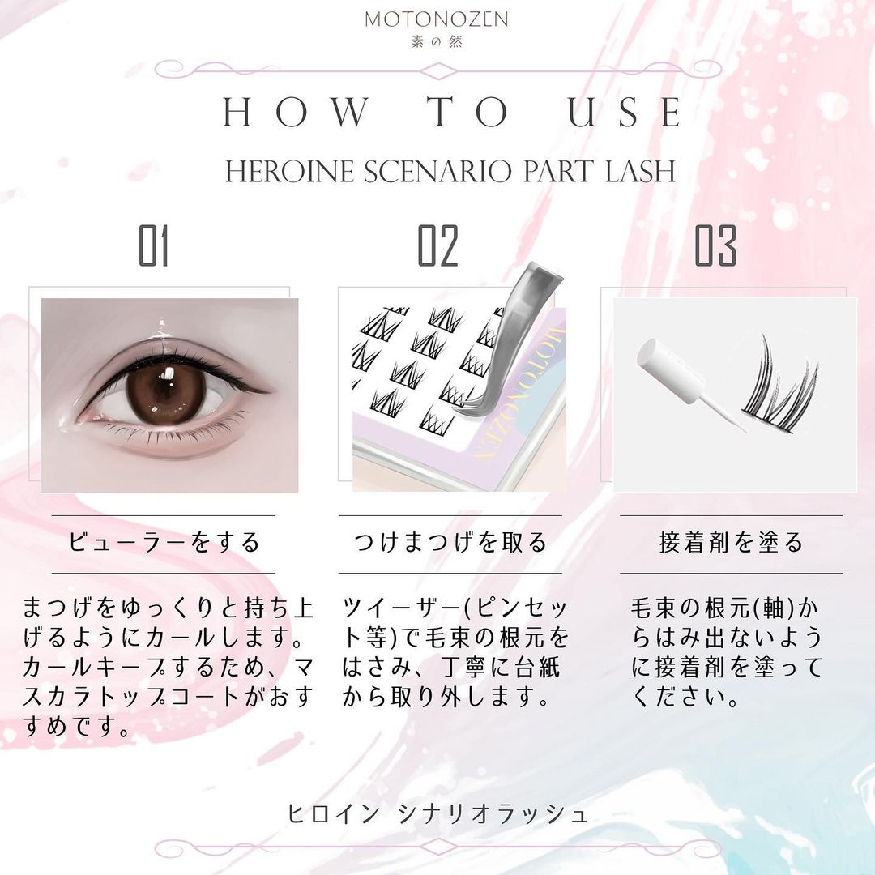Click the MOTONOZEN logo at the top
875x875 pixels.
tap(437, 19)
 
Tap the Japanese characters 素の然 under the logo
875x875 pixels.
tap(437, 41)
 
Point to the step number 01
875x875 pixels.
tap(153, 245)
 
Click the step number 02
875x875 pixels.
tap(438, 245)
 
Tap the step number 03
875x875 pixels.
tap(715, 245)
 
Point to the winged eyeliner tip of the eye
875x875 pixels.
tap(268, 390)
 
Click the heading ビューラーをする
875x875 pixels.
tap(164, 542)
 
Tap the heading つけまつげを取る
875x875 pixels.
tap(450, 542)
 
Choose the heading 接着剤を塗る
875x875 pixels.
tap(731, 542)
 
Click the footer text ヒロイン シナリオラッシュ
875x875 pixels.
tap(437, 813)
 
